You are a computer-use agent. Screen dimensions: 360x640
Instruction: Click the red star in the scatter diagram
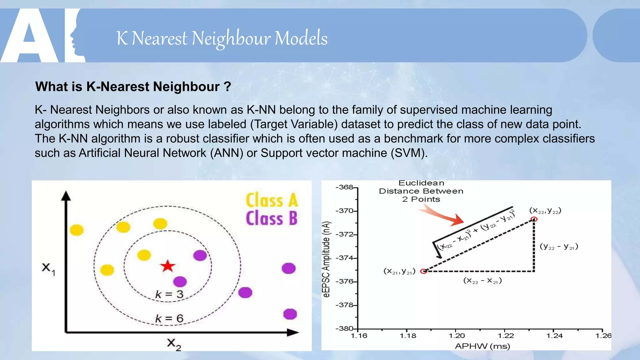point(168,266)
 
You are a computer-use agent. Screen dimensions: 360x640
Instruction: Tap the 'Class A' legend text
point(272,200)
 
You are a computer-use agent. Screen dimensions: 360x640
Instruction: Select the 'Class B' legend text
point(272,218)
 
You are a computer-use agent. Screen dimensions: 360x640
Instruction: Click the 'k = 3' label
point(169,294)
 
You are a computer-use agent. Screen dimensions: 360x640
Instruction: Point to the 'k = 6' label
point(169,318)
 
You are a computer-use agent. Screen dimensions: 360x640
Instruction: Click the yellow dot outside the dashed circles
point(77,230)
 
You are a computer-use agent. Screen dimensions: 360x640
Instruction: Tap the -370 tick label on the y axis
point(344,211)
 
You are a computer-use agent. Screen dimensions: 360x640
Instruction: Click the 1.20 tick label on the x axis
point(457,336)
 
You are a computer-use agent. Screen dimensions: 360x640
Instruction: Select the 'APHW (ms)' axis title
point(482,346)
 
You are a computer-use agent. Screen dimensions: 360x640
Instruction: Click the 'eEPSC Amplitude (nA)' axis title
point(326,259)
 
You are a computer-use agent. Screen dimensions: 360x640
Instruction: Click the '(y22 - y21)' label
point(559,247)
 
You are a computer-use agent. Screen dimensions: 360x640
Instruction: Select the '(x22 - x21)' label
point(482,281)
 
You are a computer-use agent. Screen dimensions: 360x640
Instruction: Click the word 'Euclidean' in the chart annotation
point(421,183)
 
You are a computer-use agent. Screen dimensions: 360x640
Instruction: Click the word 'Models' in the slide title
point(301,38)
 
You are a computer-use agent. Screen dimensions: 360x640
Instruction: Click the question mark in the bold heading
point(227,87)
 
